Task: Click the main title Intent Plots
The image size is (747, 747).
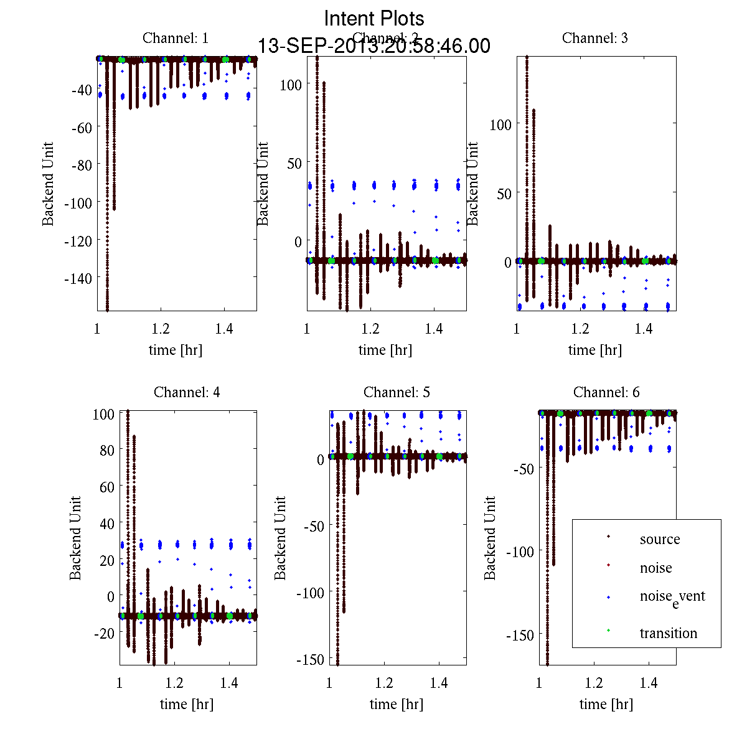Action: pos(374,18)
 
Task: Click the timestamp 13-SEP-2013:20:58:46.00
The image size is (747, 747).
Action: pos(374,46)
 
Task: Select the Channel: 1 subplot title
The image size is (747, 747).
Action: pos(176,38)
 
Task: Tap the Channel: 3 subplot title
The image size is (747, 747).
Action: pos(594,38)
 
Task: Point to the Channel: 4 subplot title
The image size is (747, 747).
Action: pos(187,392)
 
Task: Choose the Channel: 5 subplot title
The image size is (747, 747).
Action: pos(397,392)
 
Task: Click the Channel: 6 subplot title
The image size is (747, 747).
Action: pos(606,392)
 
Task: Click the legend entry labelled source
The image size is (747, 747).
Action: pos(659,539)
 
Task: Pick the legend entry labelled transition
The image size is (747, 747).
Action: pos(668,633)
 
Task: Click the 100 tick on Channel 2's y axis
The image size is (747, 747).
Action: pos(291,85)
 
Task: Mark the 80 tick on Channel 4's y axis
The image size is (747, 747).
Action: pos(106,450)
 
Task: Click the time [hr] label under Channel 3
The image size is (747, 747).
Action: pos(594,350)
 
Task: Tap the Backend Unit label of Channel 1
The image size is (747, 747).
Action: pos(48,184)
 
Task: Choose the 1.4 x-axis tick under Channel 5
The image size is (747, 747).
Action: pos(439,683)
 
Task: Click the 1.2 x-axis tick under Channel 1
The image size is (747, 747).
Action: pos(161,329)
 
